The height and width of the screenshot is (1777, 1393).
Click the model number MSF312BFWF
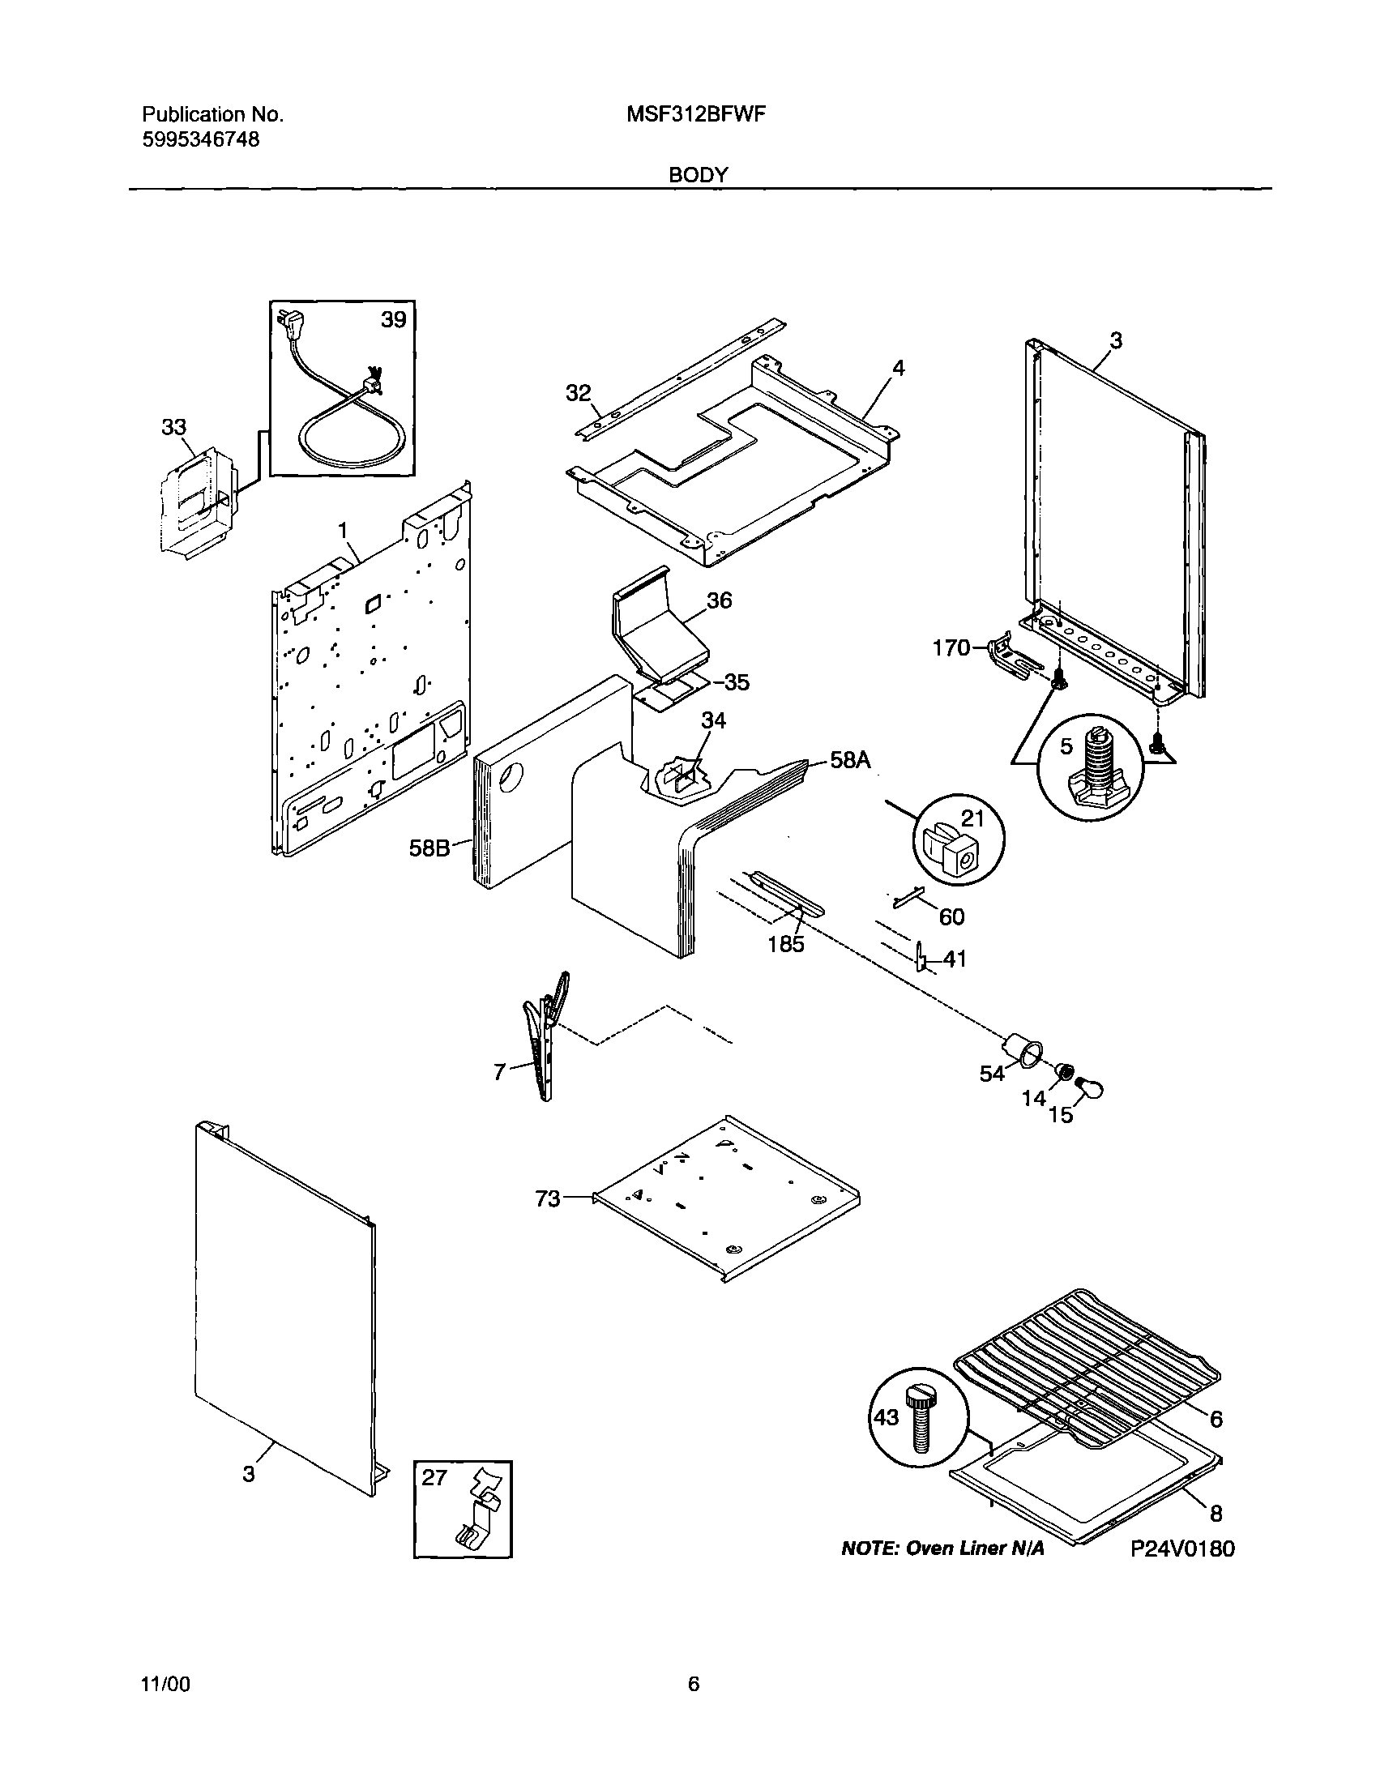tap(695, 115)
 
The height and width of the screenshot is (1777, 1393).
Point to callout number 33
tap(173, 426)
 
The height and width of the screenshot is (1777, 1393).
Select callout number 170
tap(951, 648)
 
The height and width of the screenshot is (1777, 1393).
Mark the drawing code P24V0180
tap(1182, 1548)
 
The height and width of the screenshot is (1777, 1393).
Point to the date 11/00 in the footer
tap(166, 1683)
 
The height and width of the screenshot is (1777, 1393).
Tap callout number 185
tap(786, 943)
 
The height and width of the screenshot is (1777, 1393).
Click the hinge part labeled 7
tap(544, 1036)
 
